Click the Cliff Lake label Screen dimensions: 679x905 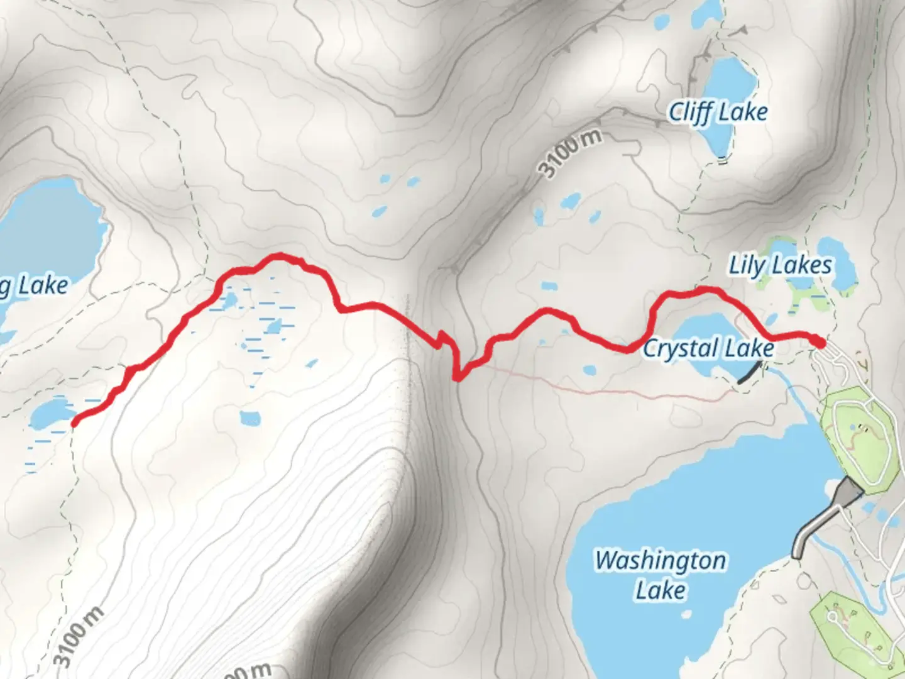(x=718, y=113)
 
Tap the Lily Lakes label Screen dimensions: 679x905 (x=780, y=265)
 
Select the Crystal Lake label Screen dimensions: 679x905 (x=708, y=348)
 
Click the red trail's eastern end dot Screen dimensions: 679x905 (x=819, y=342)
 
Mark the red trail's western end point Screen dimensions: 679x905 (x=74, y=423)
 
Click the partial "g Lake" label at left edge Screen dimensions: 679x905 (x=35, y=286)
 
